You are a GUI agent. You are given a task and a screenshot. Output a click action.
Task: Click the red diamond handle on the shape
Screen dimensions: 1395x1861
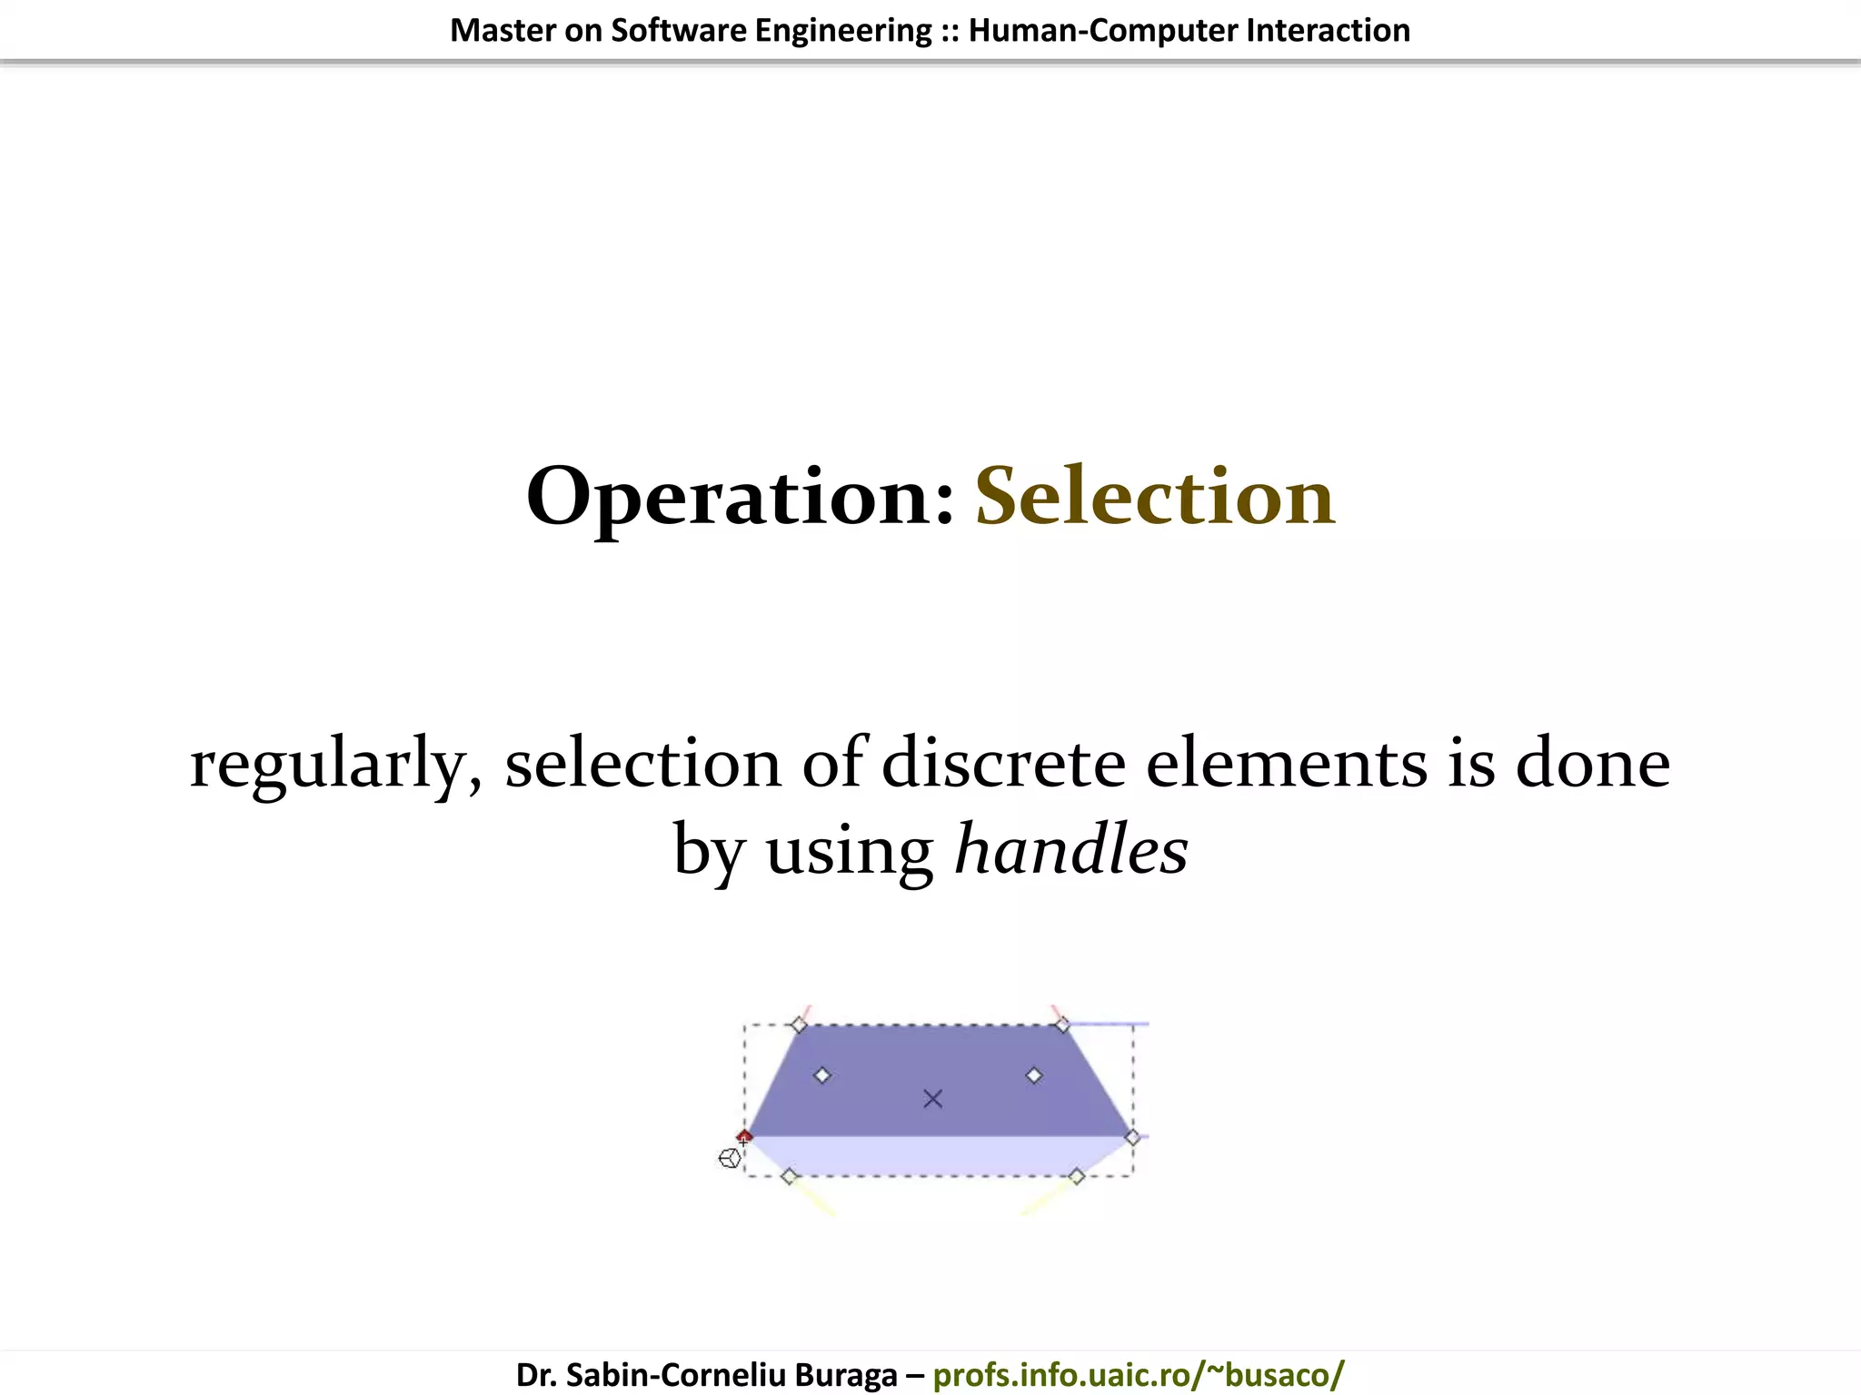tap(744, 1136)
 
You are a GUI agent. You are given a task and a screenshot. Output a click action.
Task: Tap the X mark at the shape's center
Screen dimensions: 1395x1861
tap(932, 1099)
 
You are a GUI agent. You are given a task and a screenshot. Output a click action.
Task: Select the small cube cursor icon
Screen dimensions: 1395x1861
tap(729, 1159)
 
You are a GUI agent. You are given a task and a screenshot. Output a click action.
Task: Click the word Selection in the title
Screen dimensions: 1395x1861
tap(1155, 496)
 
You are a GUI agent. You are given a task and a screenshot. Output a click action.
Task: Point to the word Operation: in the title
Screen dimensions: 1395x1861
tap(741, 498)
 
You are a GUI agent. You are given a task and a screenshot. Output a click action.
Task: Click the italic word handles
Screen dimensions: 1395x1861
tap(1071, 850)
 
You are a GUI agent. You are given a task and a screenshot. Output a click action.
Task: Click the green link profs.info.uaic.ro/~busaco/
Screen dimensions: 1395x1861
tap(1138, 1375)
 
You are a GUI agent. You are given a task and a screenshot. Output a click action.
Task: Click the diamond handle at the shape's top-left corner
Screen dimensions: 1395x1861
tap(799, 1025)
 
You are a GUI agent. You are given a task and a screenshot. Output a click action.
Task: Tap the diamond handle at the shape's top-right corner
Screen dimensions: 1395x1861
tap(1061, 1025)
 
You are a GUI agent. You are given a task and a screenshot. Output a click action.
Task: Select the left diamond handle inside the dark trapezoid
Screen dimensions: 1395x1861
tap(822, 1075)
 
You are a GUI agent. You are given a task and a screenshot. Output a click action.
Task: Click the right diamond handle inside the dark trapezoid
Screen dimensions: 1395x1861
tap(1034, 1075)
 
